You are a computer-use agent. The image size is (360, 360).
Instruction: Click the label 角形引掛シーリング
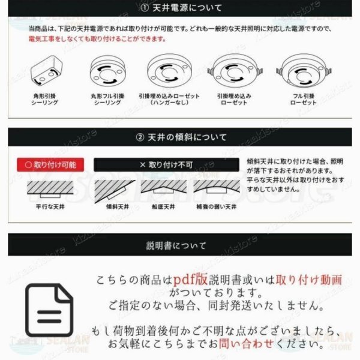tap(44, 99)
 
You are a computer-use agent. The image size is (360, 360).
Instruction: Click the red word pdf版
tap(192, 280)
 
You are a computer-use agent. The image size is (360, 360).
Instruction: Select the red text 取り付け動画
tap(308, 280)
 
